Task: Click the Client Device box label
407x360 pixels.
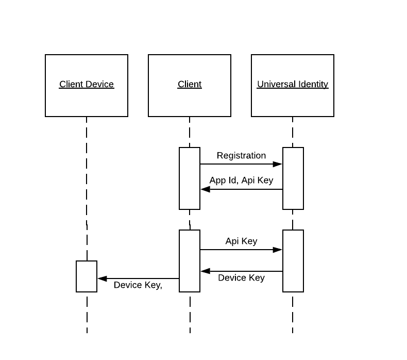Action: [86, 84]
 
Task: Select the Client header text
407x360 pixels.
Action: [190, 84]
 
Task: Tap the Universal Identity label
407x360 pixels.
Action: [292, 84]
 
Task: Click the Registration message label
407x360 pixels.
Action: [241, 155]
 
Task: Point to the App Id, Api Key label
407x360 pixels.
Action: [241, 181]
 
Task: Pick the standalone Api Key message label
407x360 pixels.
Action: [241, 241]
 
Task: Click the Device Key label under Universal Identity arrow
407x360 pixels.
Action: [241, 277]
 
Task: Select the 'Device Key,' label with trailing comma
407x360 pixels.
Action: [138, 285]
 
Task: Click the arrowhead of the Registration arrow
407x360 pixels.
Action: [278, 164]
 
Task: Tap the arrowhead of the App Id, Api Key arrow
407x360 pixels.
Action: [205, 189]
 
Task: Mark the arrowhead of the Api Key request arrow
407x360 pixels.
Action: [278, 250]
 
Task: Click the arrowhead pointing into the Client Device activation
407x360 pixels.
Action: [102, 279]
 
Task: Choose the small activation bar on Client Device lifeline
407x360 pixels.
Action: [87, 276]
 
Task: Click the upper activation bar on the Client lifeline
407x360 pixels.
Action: [190, 178]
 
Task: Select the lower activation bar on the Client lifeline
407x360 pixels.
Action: [190, 261]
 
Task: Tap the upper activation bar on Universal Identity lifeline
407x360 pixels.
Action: [293, 178]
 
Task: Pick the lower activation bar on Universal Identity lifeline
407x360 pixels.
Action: [293, 261]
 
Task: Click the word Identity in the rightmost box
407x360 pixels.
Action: [311, 84]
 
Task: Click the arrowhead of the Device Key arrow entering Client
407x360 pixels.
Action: [205, 271]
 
